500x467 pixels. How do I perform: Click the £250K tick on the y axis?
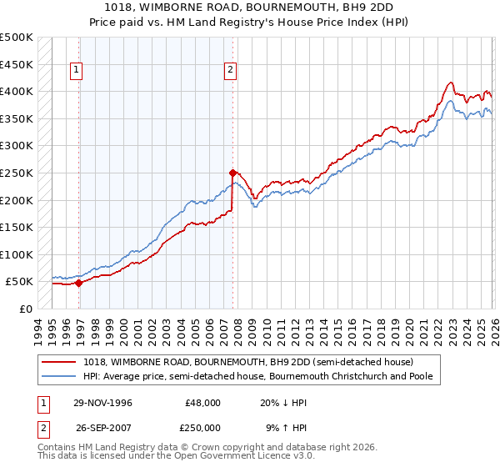pos(16,173)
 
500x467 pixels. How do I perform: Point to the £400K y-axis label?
pos(16,92)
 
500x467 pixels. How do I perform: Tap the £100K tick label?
pos(16,254)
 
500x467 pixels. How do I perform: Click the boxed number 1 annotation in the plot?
pos(76,70)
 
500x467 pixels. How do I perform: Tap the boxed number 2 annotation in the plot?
pos(229,70)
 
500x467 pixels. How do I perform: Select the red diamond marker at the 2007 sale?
pos(232,173)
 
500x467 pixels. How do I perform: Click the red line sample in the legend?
pos(59,362)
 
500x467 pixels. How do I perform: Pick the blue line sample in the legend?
pos(59,377)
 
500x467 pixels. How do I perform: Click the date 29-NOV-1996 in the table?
pos(103,403)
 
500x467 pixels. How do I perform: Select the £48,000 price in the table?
pos(202,403)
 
